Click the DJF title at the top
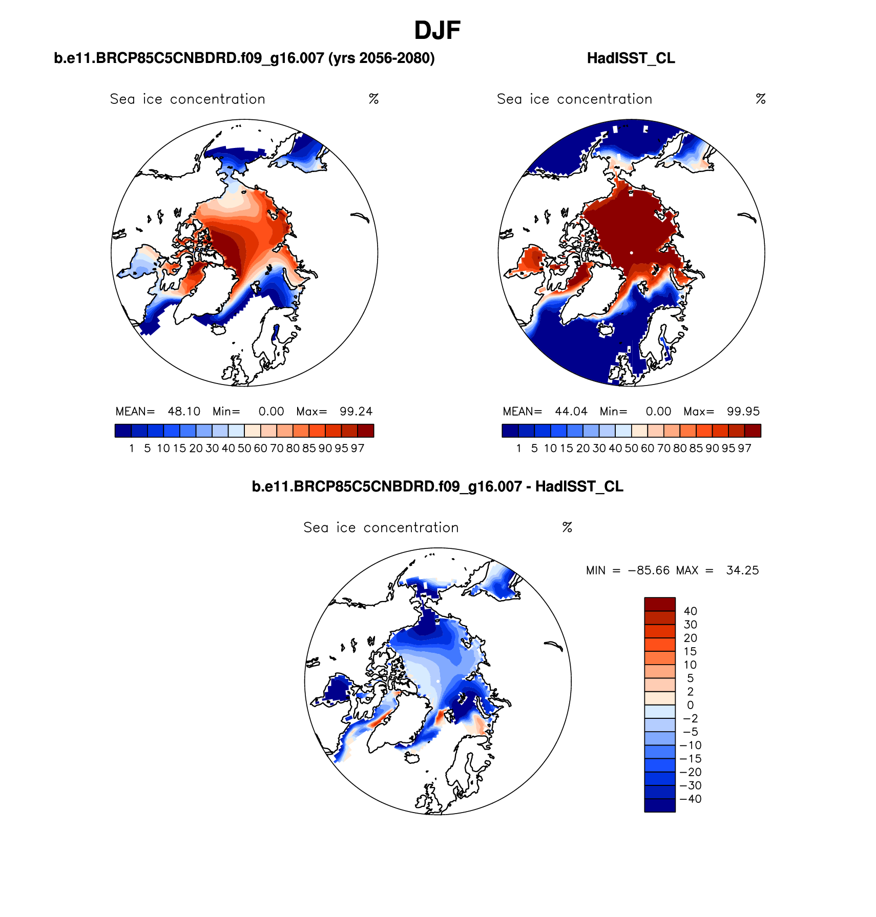(437, 31)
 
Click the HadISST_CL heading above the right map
(631, 58)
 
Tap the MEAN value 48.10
(184, 412)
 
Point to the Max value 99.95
(743, 412)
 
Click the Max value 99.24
(356, 412)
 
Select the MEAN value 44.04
(571, 412)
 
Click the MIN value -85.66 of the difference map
(649, 570)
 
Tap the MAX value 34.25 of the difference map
(742, 570)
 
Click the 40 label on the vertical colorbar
(690, 611)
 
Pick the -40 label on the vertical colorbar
(690, 799)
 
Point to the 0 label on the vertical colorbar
(690, 705)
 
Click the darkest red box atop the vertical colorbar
(660, 604)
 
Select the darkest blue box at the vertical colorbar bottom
(660, 805)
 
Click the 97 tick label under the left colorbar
(358, 449)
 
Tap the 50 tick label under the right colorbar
(631, 449)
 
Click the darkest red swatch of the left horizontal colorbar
(366, 431)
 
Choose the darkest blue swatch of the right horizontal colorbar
(510, 431)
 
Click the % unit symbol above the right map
(761, 99)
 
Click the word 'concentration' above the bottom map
(411, 528)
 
